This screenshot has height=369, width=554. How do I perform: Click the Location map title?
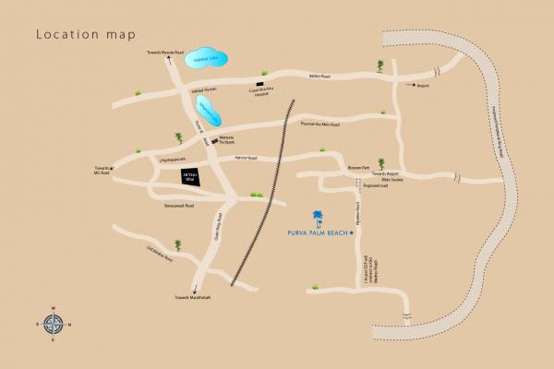coord(85,35)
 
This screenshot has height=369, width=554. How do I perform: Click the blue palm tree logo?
coord(319,219)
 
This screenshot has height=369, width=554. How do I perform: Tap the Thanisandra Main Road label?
coord(320,123)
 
